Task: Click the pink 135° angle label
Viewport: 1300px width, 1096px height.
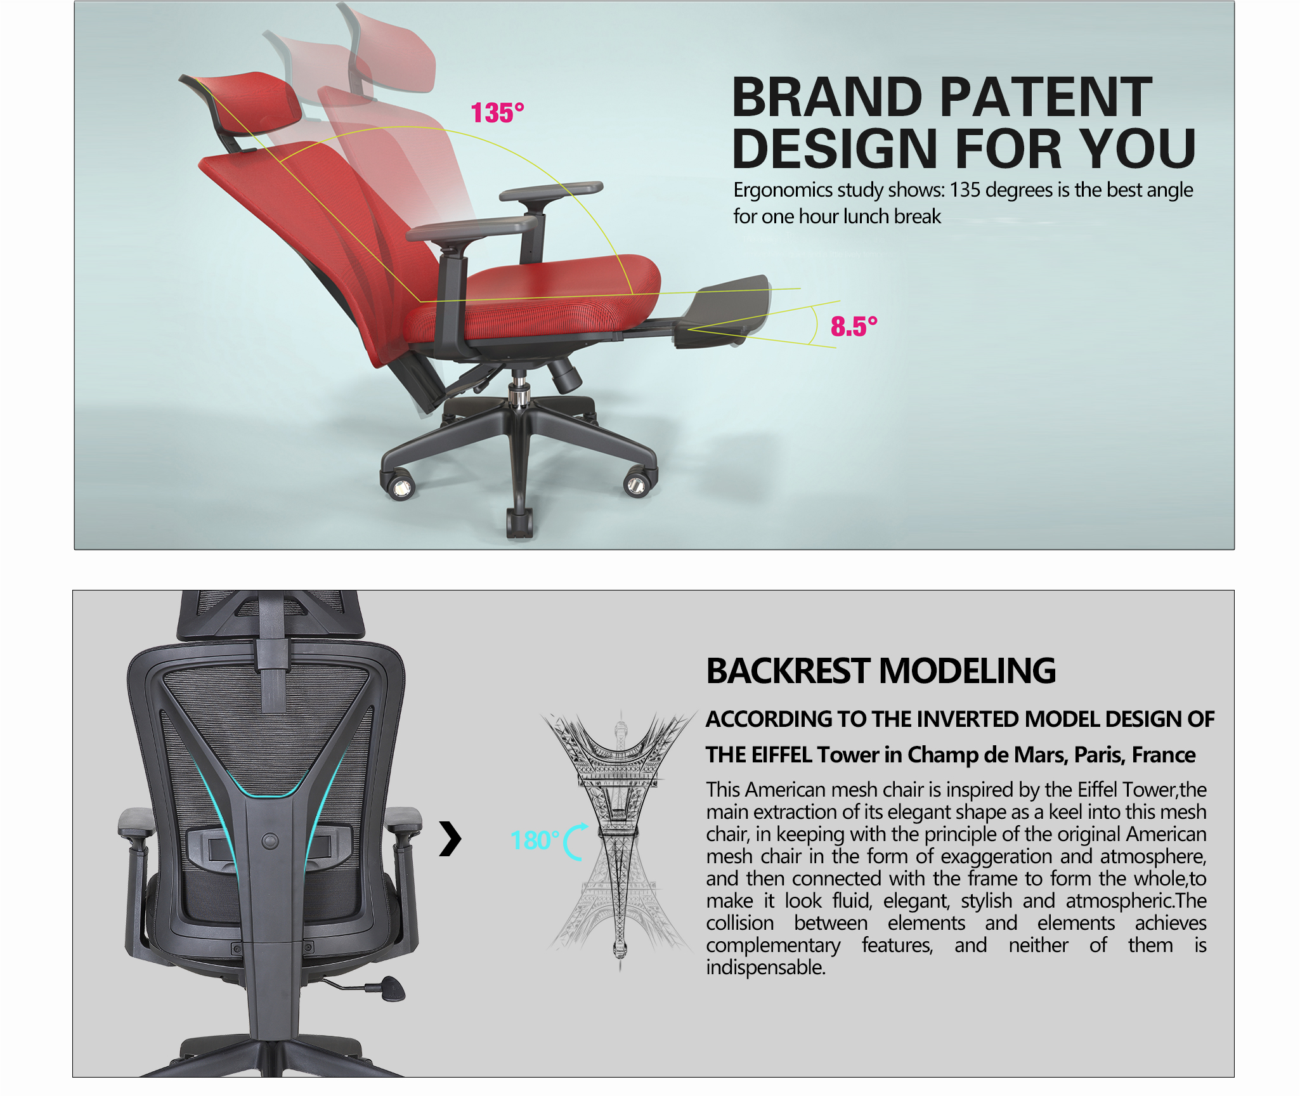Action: tap(497, 113)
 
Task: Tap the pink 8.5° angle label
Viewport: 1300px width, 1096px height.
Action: tap(854, 327)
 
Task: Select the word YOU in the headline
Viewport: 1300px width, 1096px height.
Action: tap(1138, 148)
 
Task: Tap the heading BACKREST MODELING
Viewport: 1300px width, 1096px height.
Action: tap(881, 671)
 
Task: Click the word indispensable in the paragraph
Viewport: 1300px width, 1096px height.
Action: tap(765, 967)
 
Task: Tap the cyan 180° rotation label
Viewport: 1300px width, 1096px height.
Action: tap(535, 841)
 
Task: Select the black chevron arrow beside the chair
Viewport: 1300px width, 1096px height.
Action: tap(450, 839)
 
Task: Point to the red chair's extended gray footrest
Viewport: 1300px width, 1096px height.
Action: tap(723, 311)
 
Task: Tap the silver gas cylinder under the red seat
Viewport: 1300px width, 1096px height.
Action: tap(519, 388)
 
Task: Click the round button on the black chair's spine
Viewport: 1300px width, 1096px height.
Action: tap(270, 841)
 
